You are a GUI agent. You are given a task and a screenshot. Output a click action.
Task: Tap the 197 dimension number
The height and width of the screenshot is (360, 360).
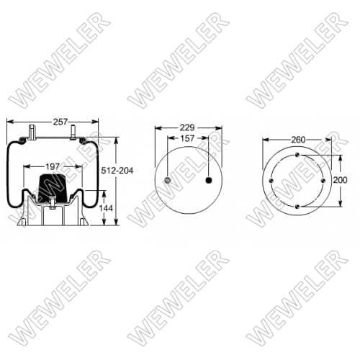point(53,167)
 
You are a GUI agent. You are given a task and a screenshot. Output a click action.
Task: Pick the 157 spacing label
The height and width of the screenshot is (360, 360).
point(189,138)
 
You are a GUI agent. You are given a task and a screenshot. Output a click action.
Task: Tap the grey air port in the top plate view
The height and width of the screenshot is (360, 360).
point(168,180)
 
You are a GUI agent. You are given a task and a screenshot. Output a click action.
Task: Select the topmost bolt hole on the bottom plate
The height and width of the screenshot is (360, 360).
point(297,154)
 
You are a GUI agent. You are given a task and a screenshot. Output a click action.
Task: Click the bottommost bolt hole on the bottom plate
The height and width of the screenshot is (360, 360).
point(297,207)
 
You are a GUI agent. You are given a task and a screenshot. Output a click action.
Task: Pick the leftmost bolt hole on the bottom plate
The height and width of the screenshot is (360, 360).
point(270,180)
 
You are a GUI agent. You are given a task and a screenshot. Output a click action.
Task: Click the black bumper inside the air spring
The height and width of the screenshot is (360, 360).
point(53,187)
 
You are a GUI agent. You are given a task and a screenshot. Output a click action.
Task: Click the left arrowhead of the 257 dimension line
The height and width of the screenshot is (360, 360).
point(9,122)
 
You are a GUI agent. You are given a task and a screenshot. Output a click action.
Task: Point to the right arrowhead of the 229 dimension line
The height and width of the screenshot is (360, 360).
point(220,129)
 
